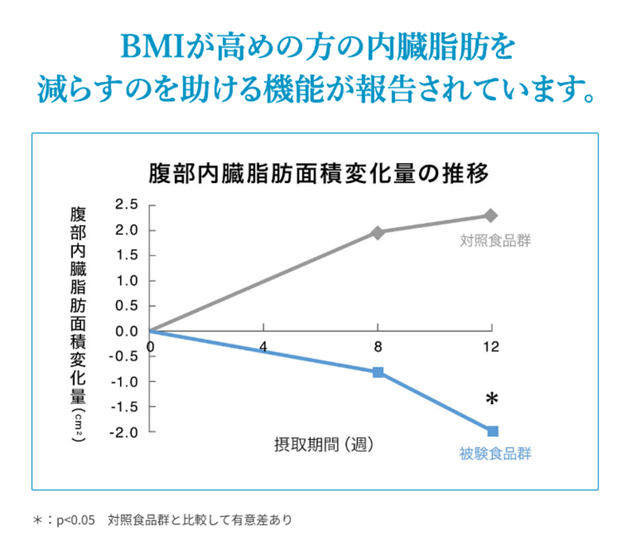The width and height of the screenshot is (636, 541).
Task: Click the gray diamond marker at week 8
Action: coord(378,232)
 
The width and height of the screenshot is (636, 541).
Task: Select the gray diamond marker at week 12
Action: coord(491,216)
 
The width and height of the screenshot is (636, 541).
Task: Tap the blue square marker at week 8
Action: coord(378,372)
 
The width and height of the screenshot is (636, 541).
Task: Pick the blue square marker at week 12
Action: coord(492,430)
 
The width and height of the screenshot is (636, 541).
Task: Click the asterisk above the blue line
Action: coord(492,399)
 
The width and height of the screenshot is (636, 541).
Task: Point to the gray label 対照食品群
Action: coord(495,240)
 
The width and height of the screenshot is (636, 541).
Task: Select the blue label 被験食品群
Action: coord(494,454)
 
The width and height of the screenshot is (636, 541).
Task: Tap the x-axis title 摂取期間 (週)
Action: coord(319,442)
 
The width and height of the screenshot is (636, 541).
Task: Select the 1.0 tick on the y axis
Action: coord(126,281)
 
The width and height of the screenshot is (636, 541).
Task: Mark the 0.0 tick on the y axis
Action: coord(126,331)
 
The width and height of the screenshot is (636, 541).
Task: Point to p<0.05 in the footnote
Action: coord(76,520)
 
